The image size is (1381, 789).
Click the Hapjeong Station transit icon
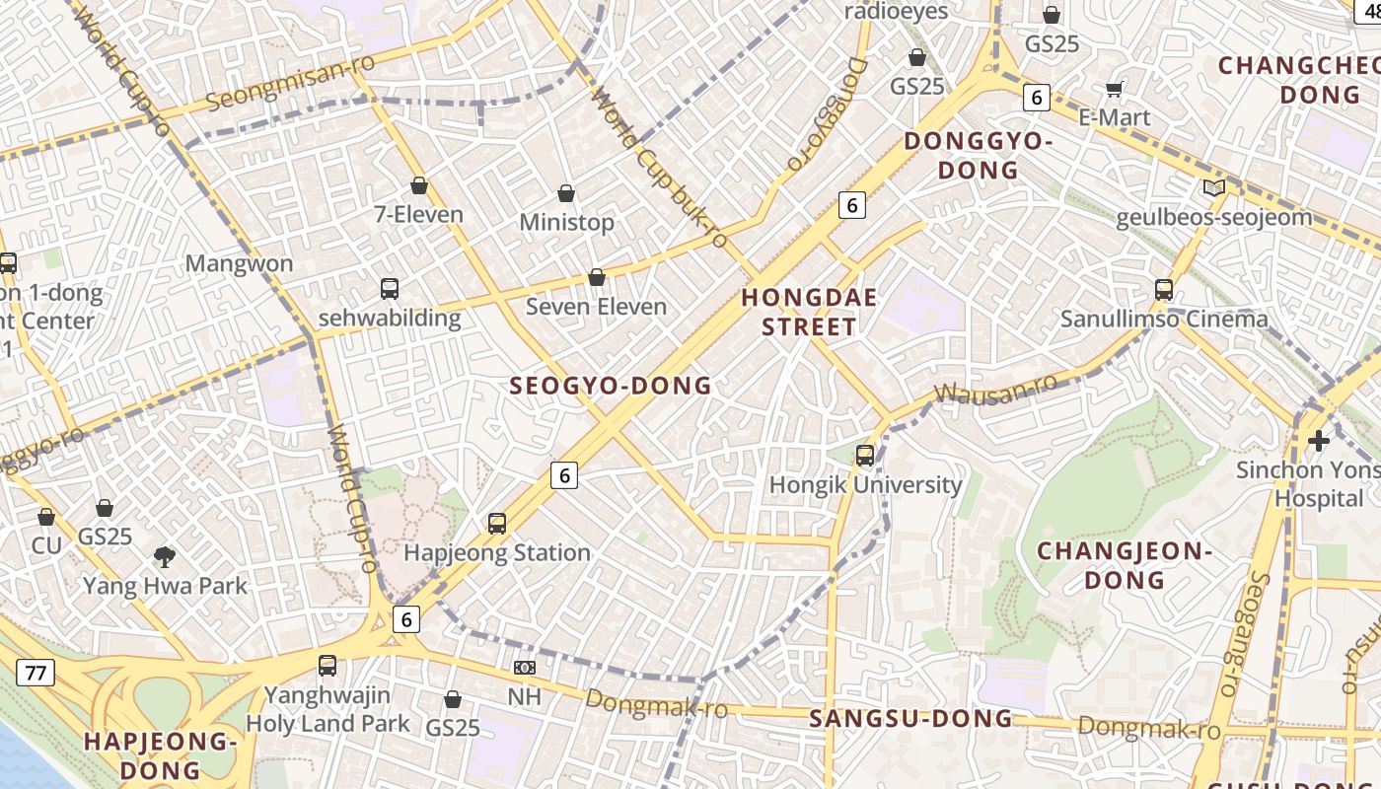[x=497, y=524]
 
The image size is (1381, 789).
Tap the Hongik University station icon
[x=865, y=456]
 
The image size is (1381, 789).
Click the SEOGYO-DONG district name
[x=611, y=386]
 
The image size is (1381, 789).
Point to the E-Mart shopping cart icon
[x=1115, y=90]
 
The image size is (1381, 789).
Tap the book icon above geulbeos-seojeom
[x=1213, y=188]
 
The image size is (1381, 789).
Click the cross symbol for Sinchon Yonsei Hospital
[x=1319, y=440]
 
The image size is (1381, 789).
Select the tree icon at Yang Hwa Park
[x=165, y=557]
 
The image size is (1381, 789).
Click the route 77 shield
[x=36, y=674]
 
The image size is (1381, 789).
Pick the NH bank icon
[x=525, y=668]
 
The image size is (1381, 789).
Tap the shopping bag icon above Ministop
[x=566, y=193]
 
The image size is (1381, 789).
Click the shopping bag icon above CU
[x=46, y=517]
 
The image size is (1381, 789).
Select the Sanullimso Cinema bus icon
[x=1164, y=290]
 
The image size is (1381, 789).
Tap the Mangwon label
[x=240, y=263]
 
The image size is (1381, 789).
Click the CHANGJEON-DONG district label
[x=1125, y=565]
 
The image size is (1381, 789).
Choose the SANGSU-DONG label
[x=910, y=719]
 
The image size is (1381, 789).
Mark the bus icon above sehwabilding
[x=390, y=289]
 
